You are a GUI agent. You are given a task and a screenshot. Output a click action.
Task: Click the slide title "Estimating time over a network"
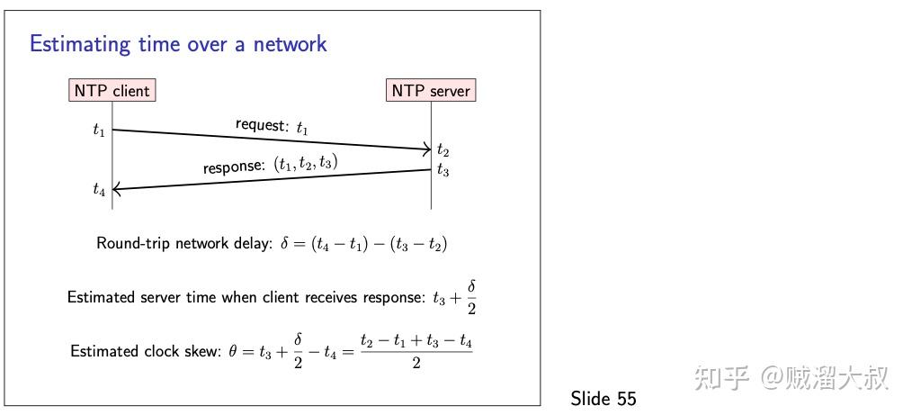pyautogui.click(x=178, y=43)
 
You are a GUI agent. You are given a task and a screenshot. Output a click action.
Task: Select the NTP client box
pyautogui.click(x=111, y=90)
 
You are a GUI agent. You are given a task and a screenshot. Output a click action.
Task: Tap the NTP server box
pyautogui.click(x=431, y=90)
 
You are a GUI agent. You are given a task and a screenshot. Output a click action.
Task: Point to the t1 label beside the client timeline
pyautogui.click(x=99, y=130)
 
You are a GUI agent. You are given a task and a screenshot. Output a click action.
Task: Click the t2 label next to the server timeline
pyautogui.click(x=443, y=150)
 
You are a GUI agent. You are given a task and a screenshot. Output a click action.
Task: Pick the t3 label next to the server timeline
pyautogui.click(x=443, y=169)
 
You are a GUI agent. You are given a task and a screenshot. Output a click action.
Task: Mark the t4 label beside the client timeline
pyautogui.click(x=99, y=189)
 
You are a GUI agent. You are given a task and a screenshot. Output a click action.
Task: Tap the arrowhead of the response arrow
pyautogui.click(x=118, y=188)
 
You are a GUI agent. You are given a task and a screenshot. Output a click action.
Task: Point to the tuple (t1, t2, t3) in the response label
pyautogui.click(x=307, y=164)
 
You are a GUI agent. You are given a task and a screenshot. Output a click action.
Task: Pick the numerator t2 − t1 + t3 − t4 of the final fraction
pyautogui.click(x=416, y=341)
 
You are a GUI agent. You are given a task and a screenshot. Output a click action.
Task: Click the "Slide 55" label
pyautogui.click(x=604, y=399)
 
